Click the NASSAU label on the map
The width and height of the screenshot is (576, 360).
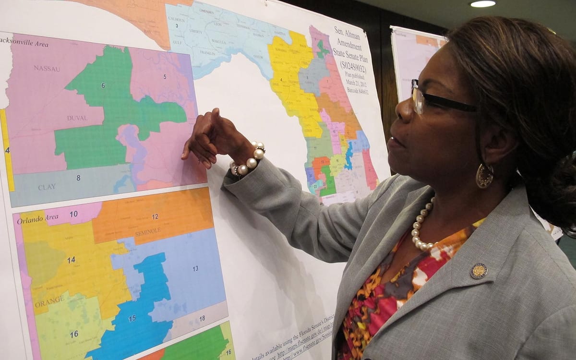(47, 69)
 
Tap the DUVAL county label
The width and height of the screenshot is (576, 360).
(77, 118)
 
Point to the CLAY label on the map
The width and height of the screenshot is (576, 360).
(47, 187)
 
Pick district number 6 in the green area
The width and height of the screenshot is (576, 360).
(103, 85)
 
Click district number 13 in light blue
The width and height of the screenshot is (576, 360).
(195, 268)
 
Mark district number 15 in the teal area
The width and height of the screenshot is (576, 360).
(132, 318)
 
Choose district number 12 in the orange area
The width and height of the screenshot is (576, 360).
(155, 216)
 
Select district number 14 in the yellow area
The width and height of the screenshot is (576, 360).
(71, 260)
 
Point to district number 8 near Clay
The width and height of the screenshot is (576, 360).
(78, 178)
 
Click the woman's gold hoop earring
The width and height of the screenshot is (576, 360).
(484, 176)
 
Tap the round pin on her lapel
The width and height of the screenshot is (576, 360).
(478, 271)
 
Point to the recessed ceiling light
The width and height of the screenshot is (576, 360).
(483, 4)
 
